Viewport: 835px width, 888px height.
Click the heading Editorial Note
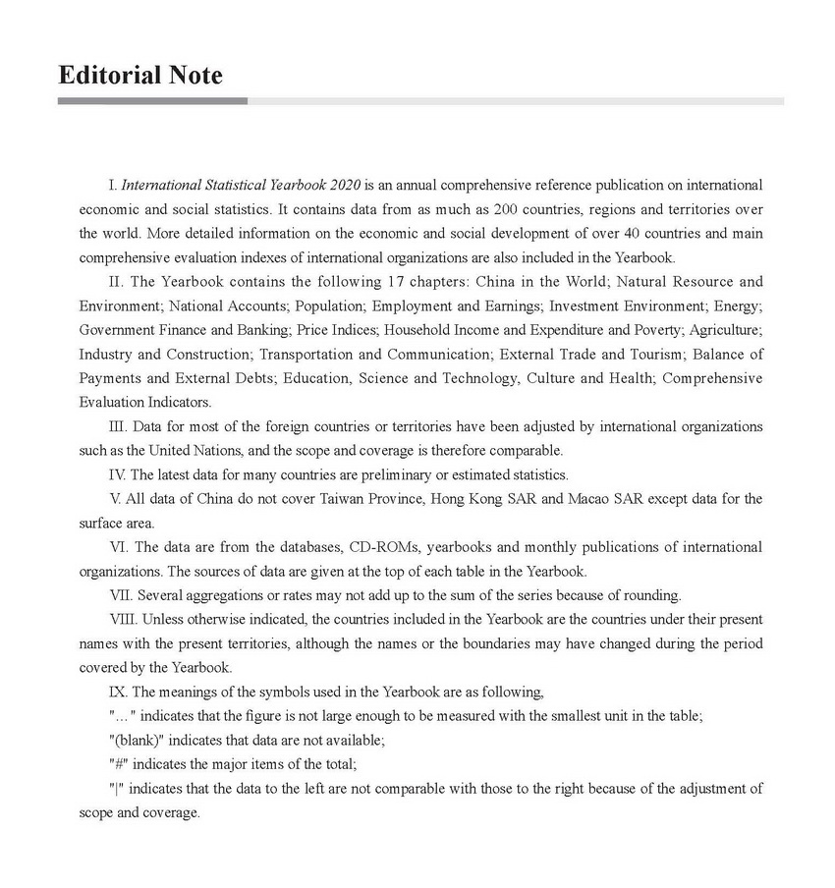(140, 75)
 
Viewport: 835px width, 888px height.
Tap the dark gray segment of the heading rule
(152, 100)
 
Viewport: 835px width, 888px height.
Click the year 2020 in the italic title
(347, 185)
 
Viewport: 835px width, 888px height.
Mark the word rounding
(652, 595)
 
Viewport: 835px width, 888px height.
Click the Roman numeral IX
(118, 692)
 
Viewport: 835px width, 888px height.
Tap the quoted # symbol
(118, 764)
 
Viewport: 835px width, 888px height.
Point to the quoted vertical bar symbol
(117, 789)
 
